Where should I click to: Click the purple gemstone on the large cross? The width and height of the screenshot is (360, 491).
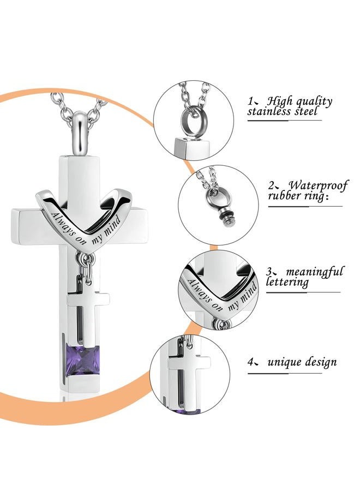(x=83, y=360)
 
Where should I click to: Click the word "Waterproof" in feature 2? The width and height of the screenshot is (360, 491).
(x=317, y=186)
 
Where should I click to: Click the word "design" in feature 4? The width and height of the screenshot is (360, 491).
(x=321, y=363)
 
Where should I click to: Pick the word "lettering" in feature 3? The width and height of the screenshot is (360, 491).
(x=287, y=282)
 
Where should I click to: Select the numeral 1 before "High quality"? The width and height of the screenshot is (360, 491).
(x=250, y=101)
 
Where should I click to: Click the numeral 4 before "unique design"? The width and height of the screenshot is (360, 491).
(x=250, y=362)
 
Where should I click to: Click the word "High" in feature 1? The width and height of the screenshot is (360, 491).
(x=279, y=101)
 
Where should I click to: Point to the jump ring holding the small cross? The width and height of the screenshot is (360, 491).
(x=86, y=261)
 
